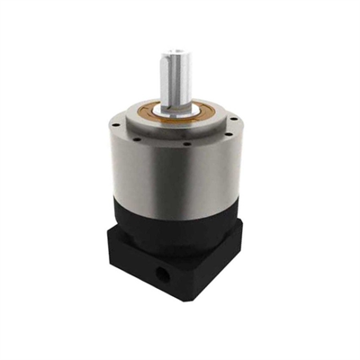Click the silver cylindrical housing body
[x=171, y=180]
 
